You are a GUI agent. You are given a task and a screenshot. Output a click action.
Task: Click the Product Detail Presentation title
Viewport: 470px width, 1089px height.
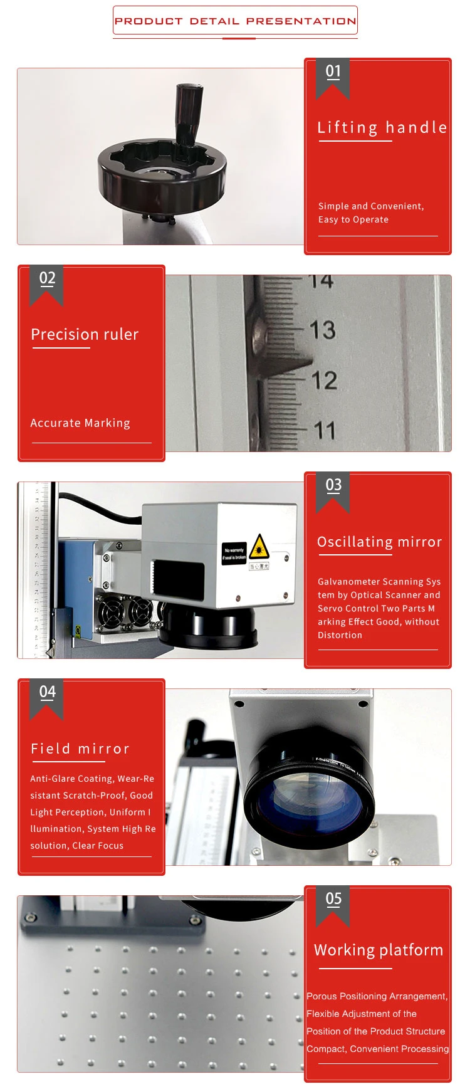coord(235,21)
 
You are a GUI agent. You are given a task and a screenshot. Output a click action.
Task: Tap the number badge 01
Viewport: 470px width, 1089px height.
coord(333,71)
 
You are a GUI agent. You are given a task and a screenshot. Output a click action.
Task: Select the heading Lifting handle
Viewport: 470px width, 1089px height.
coord(382,127)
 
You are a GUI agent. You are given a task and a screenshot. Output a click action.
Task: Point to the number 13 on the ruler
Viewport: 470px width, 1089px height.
coord(323,330)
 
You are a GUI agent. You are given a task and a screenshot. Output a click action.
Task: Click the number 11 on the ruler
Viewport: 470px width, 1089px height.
coord(325,430)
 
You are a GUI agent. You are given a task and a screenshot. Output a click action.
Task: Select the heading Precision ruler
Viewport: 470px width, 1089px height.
coord(85,334)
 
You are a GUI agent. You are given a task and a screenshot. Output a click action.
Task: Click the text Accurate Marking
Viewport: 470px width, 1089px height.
coord(80,423)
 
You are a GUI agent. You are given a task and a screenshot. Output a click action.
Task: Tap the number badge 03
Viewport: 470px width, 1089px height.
coord(333,485)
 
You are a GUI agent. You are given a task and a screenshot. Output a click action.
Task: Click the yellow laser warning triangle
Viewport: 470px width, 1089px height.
coord(259,547)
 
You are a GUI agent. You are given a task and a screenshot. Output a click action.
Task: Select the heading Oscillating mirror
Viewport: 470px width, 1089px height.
coord(379,542)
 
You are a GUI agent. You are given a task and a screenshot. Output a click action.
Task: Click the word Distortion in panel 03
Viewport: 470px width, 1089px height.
coord(340,635)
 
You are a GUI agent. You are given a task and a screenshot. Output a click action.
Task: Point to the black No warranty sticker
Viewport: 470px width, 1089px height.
coord(234,554)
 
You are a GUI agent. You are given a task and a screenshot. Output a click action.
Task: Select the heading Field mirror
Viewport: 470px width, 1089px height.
coord(80,749)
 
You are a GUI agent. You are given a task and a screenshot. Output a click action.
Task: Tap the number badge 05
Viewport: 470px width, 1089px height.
coord(333,899)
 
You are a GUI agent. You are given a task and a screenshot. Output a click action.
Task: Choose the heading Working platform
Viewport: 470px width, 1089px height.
coord(379,950)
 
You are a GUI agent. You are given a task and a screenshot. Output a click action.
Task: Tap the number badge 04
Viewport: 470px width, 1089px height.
coord(47,692)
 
